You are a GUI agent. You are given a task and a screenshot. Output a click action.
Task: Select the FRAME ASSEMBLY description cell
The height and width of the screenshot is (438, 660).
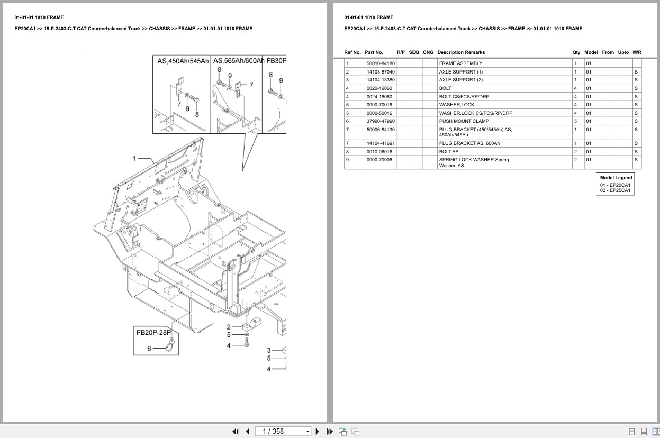pos(460,63)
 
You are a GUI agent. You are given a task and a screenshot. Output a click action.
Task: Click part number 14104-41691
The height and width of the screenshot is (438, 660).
pos(380,143)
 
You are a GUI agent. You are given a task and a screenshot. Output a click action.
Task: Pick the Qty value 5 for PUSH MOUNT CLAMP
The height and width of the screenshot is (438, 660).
pos(575,121)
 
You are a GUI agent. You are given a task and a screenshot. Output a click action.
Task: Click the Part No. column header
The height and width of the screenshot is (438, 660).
pos(374,52)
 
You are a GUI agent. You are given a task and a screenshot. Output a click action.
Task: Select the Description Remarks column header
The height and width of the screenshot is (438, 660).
pos(460,52)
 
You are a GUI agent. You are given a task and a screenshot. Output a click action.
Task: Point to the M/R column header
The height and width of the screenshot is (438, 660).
pos(637,52)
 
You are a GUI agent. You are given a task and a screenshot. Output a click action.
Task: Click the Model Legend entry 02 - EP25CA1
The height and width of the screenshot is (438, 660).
pos(615,190)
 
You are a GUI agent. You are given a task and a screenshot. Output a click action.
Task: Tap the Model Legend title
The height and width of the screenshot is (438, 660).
pos(616,178)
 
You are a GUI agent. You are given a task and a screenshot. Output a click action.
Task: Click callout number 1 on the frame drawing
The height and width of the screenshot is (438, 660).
pos(134,158)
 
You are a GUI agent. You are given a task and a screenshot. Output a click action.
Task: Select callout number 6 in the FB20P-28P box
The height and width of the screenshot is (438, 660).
pos(149,348)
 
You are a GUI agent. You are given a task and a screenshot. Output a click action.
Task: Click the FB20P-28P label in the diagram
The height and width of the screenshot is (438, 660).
pos(155,333)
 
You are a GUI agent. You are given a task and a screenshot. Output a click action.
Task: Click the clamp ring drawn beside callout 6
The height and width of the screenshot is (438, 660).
pos(171,347)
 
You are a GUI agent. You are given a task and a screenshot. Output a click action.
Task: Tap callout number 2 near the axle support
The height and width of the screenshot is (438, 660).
pos(229,327)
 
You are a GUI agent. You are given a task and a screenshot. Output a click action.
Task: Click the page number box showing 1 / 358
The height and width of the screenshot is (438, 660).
pos(283,431)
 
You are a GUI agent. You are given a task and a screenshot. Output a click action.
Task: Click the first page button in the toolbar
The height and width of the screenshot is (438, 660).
pos(236,431)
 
